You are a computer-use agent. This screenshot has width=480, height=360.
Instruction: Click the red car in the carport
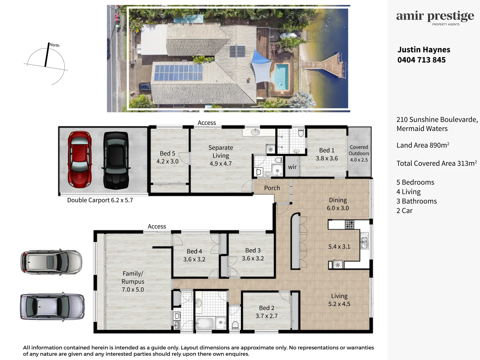80,159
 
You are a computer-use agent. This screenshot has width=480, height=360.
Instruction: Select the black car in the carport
116,160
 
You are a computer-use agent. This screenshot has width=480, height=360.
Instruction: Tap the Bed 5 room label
167,153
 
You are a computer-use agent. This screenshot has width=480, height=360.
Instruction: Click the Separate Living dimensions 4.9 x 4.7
220,163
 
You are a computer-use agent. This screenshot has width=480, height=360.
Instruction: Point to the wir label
292,167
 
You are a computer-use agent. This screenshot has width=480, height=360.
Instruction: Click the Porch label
272,188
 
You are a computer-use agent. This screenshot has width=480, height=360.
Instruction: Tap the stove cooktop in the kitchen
349,224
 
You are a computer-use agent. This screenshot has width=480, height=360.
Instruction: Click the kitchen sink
364,242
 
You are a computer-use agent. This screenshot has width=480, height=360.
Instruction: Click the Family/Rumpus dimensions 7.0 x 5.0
133,289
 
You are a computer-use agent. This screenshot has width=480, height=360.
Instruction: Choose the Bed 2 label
266,308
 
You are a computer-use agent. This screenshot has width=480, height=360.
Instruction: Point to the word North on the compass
54,45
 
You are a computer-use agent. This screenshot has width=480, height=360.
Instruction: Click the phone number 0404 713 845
421,60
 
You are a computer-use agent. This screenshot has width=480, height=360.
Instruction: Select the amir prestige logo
435,17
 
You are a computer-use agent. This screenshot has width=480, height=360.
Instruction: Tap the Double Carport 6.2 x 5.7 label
100,200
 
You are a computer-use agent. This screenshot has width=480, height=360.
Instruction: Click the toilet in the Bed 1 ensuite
301,134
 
